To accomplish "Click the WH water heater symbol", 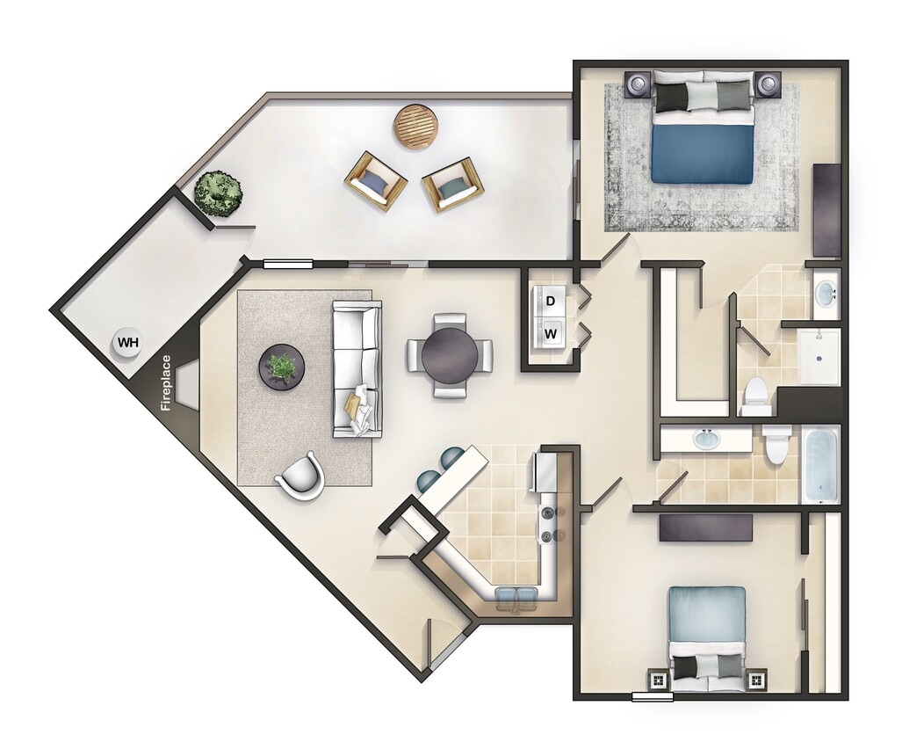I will [x=128, y=342].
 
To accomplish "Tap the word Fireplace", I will [x=164, y=382].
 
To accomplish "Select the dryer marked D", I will [x=551, y=302].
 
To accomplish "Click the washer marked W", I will [x=551, y=333].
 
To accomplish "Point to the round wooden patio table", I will [x=415, y=127].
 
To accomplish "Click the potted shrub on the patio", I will [x=218, y=193].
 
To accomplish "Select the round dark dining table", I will [x=450, y=353].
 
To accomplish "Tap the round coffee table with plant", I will [x=281, y=366].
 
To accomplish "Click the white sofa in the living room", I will [x=357, y=369].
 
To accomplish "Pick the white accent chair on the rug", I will [x=301, y=477].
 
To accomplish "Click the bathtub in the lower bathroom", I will [x=820, y=463].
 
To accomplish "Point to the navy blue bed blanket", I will [x=702, y=153].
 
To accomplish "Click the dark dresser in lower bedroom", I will [x=706, y=527].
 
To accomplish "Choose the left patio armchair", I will [x=375, y=180].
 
